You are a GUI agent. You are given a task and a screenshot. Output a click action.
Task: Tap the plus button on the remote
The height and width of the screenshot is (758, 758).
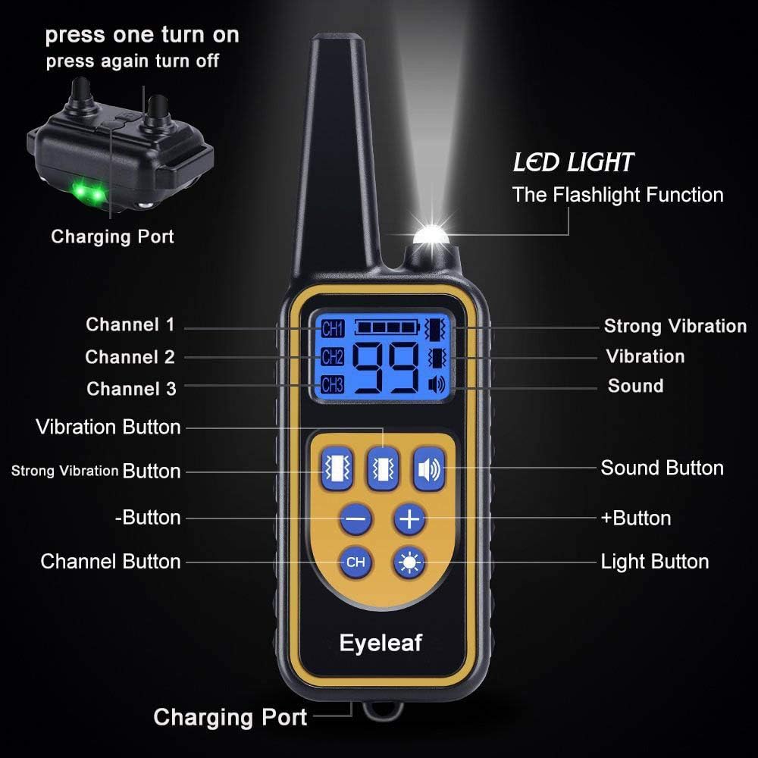point(409,519)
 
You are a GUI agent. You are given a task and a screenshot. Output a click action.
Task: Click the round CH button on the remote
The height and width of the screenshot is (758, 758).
point(355,562)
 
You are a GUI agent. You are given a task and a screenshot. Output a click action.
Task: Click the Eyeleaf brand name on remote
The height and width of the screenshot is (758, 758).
point(381,644)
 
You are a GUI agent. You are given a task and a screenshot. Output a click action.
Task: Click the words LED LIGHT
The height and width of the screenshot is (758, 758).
point(573,162)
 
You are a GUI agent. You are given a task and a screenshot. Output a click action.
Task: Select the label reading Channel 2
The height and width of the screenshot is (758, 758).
point(130,357)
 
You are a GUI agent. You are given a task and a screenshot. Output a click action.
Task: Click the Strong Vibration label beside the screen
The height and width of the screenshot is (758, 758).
point(675,327)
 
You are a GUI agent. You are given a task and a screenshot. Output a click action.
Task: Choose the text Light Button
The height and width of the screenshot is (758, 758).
point(654,562)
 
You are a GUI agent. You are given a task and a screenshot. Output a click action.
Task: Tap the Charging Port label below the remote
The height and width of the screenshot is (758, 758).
point(230,717)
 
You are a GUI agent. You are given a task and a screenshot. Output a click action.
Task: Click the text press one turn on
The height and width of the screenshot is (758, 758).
point(142,35)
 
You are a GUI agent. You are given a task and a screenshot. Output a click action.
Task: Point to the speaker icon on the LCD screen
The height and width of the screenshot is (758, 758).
point(437,384)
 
